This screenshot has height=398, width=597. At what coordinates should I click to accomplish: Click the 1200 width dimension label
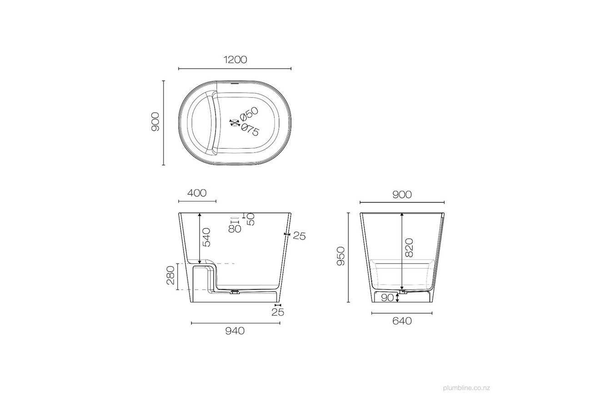[235, 60]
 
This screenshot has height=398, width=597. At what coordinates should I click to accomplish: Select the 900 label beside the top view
[156, 122]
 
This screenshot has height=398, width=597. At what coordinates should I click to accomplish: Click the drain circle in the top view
[234, 122]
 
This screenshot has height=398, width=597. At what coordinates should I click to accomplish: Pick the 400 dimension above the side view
[197, 193]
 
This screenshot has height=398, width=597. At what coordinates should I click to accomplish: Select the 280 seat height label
[171, 276]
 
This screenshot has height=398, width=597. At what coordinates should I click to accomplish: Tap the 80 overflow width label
[235, 229]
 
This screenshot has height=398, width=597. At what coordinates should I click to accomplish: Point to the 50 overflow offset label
[250, 219]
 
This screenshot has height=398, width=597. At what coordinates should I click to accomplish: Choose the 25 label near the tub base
[277, 312]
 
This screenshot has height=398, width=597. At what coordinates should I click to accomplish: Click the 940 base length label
[235, 331]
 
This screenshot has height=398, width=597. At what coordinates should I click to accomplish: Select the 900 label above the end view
[402, 195]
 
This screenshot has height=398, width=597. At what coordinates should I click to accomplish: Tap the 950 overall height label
[341, 256]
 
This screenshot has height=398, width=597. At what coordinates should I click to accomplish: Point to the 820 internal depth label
[409, 248]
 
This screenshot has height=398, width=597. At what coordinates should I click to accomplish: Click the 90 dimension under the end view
[387, 298]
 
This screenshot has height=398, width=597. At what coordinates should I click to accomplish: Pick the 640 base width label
[402, 321]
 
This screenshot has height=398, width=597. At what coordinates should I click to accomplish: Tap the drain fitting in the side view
[235, 292]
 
